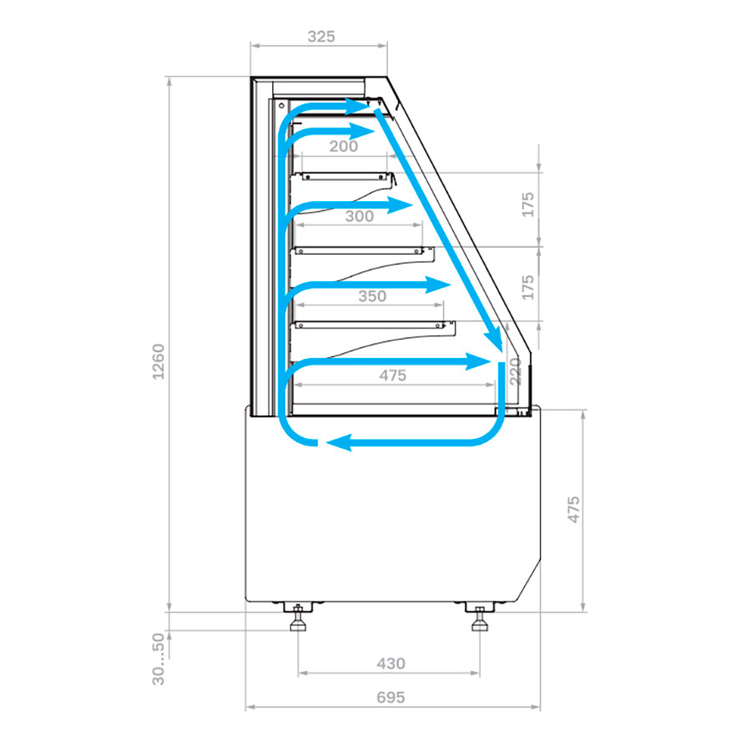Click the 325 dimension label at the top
321,37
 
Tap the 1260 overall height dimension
158,361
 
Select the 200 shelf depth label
344,146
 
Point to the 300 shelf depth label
359,216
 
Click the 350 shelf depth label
372,296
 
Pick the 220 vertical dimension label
516,371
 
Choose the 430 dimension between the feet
391,663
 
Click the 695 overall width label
391,697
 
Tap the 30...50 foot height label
158,658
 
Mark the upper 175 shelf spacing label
527,204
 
